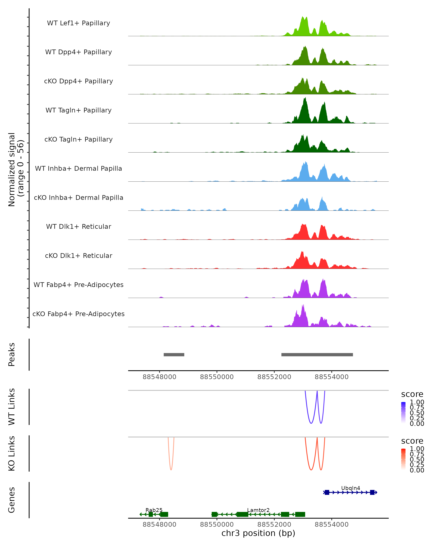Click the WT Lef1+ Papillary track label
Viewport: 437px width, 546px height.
point(78,23)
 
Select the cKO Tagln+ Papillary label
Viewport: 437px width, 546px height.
point(78,139)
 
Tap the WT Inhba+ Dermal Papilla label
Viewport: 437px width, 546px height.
point(78,168)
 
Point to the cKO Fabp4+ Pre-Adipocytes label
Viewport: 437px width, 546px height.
point(78,314)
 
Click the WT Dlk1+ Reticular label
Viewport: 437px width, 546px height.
point(78,226)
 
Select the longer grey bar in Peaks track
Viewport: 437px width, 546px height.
point(317,355)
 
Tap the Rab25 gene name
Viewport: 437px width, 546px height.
point(154,510)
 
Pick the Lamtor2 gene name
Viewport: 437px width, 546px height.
point(258,510)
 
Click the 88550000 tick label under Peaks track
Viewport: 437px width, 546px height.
point(217,377)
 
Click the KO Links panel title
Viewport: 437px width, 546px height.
point(12,454)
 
